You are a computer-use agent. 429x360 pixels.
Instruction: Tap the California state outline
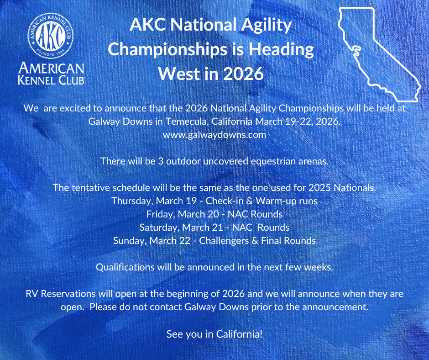[x=374, y=50]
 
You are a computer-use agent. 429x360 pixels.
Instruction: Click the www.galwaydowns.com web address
[x=214, y=135]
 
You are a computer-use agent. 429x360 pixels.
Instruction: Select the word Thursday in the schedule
[x=131, y=201]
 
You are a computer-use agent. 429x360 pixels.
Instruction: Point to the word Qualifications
[x=125, y=267]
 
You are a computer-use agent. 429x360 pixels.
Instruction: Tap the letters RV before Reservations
[x=32, y=293]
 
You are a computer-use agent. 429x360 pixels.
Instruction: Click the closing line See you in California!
[x=214, y=334]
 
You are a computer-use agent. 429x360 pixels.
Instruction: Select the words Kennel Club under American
[x=51, y=80]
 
